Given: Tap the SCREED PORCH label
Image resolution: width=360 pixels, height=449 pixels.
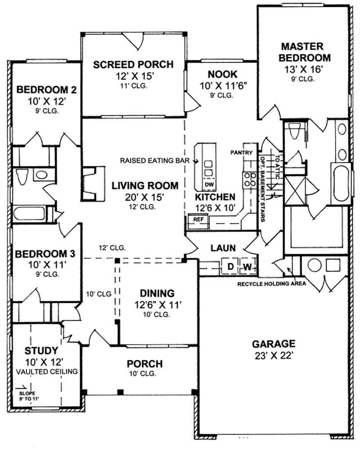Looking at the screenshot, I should coord(133,65).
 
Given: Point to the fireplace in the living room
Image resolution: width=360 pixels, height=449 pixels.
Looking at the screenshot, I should coord(92,183).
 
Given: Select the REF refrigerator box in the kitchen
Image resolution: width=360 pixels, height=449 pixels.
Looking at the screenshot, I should coord(198,219).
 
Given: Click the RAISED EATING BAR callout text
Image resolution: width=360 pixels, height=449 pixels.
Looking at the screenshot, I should coord(156,160).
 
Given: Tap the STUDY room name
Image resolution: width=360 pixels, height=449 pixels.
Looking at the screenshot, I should coord(41,350).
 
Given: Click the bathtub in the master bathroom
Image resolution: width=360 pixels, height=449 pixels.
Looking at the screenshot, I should coord(341,183).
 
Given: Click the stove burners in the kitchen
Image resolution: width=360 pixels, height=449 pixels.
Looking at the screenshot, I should coord(247,180).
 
